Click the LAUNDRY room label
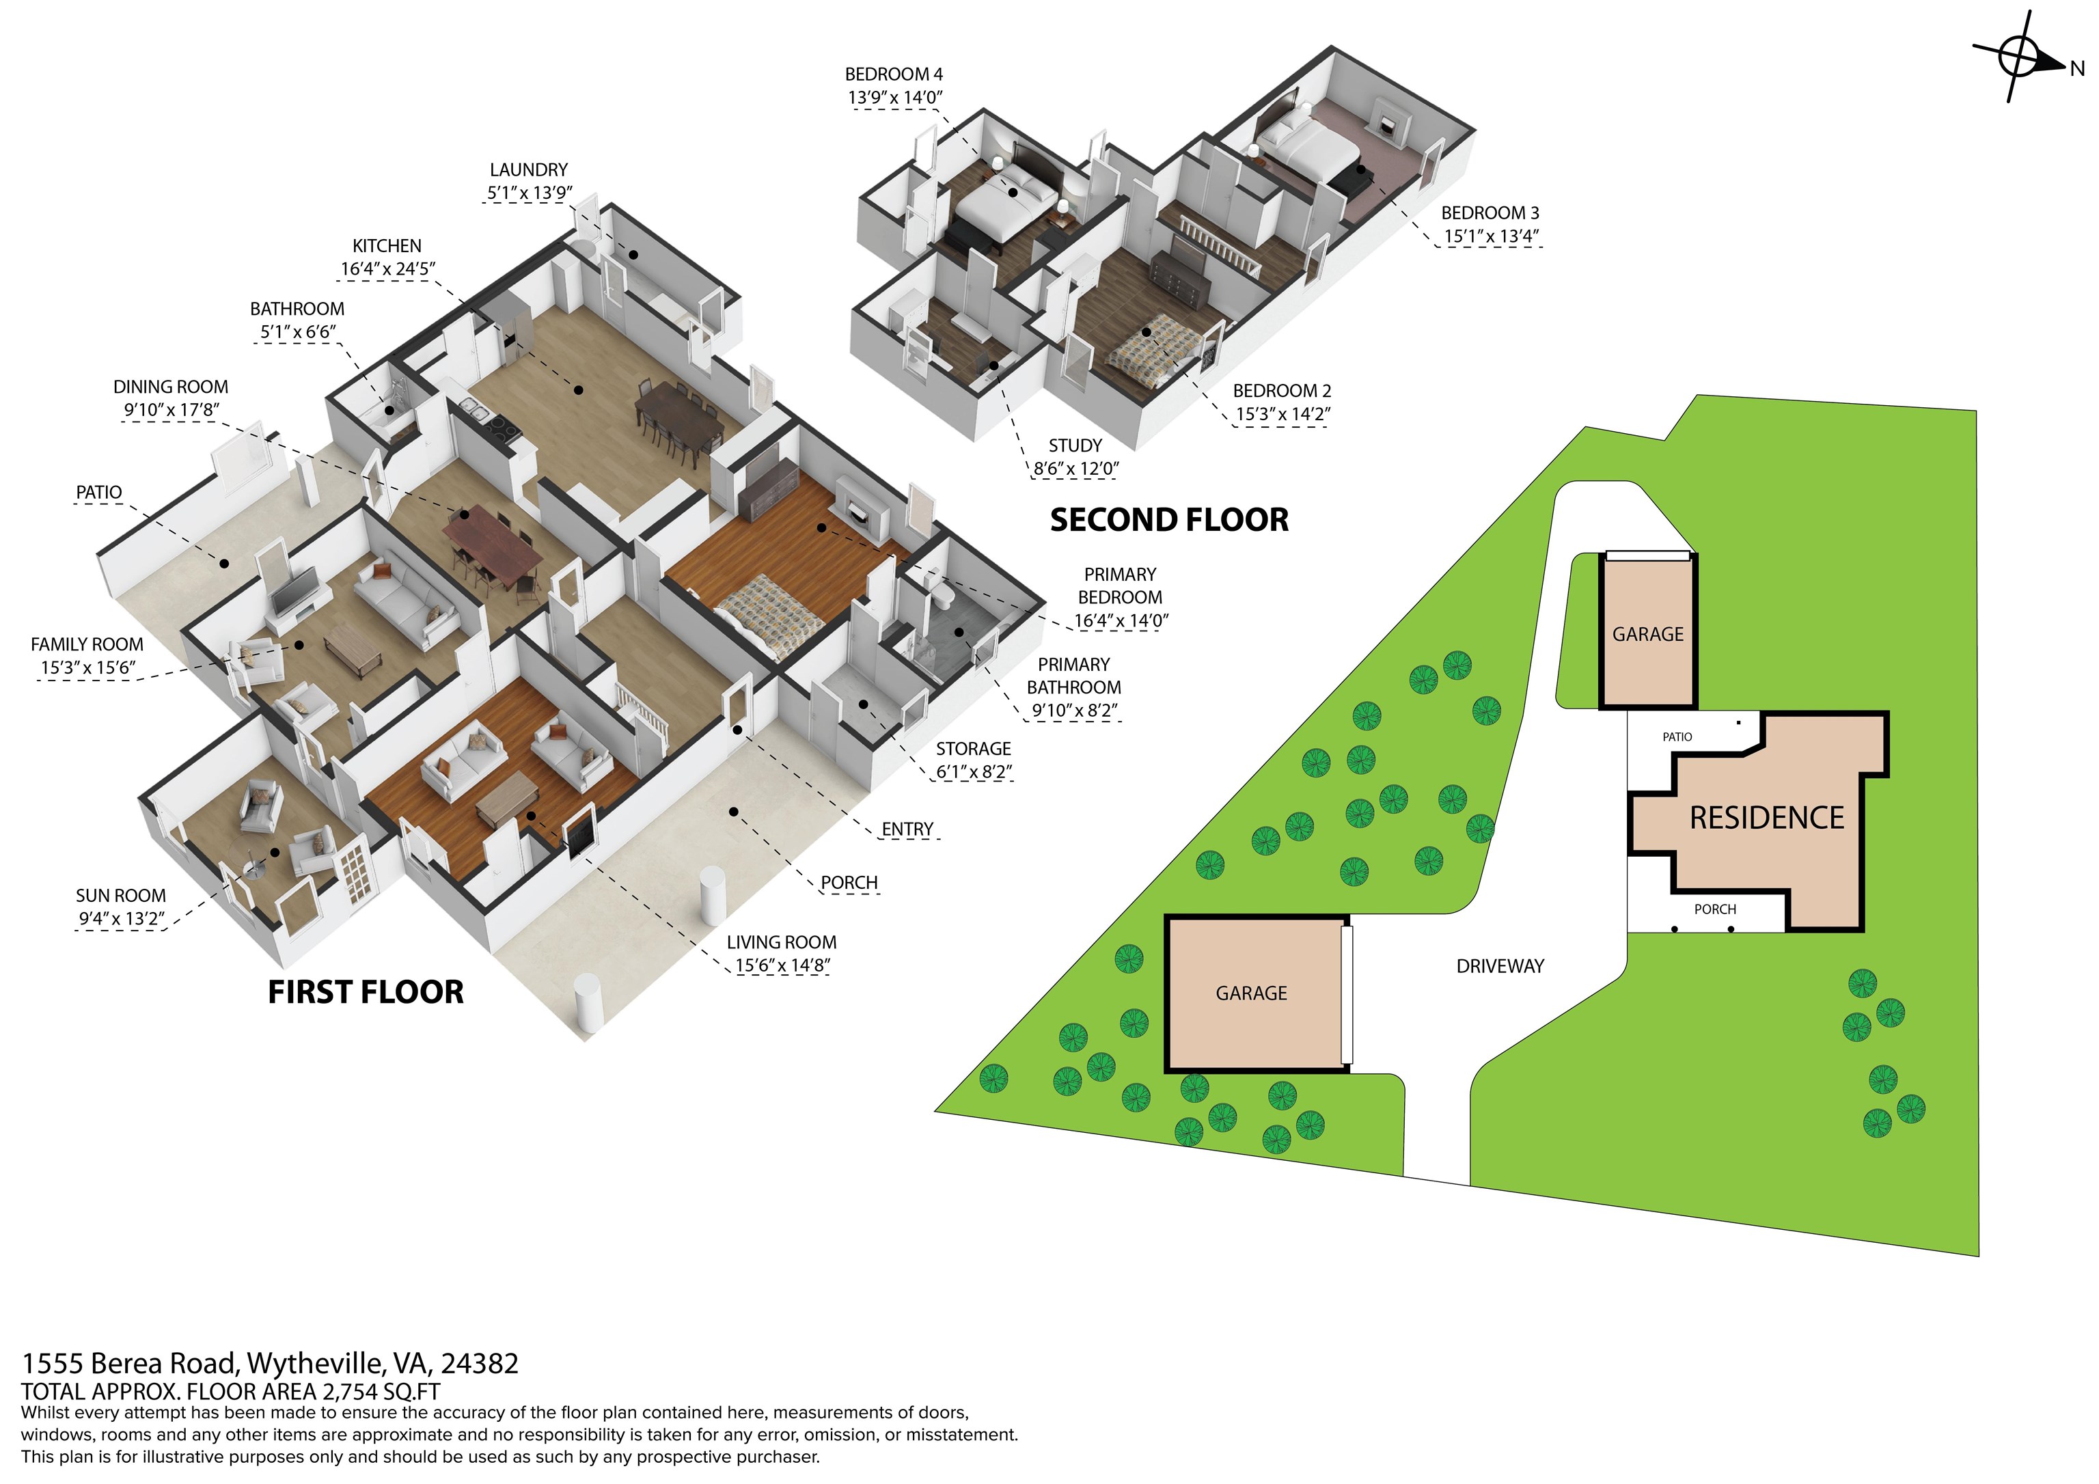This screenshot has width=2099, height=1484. pyautogui.click(x=528, y=170)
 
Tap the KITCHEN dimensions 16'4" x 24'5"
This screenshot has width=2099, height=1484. pyautogui.click(x=387, y=269)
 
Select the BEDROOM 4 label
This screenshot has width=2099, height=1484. pyautogui.click(x=893, y=74)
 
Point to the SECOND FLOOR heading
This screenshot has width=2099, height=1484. pyautogui.click(x=1169, y=520)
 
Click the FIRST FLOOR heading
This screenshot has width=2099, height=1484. pyautogui.click(x=366, y=992)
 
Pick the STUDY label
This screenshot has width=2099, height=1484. pyautogui.click(x=1075, y=445)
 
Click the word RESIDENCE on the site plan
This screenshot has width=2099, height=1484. pyautogui.click(x=1766, y=817)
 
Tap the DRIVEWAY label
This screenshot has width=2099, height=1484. pyautogui.click(x=1500, y=965)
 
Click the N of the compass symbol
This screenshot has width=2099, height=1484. pyautogui.click(x=2077, y=68)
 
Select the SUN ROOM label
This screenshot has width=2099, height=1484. pyautogui.click(x=121, y=896)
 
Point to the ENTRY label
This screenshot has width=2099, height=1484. pyautogui.click(x=907, y=829)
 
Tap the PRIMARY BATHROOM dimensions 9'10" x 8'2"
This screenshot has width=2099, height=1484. pyautogui.click(x=1074, y=711)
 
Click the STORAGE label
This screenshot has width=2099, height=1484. pyautogui.click(x=973, y=749)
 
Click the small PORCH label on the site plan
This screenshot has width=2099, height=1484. pyautogui.click(x=1715, y=909)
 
